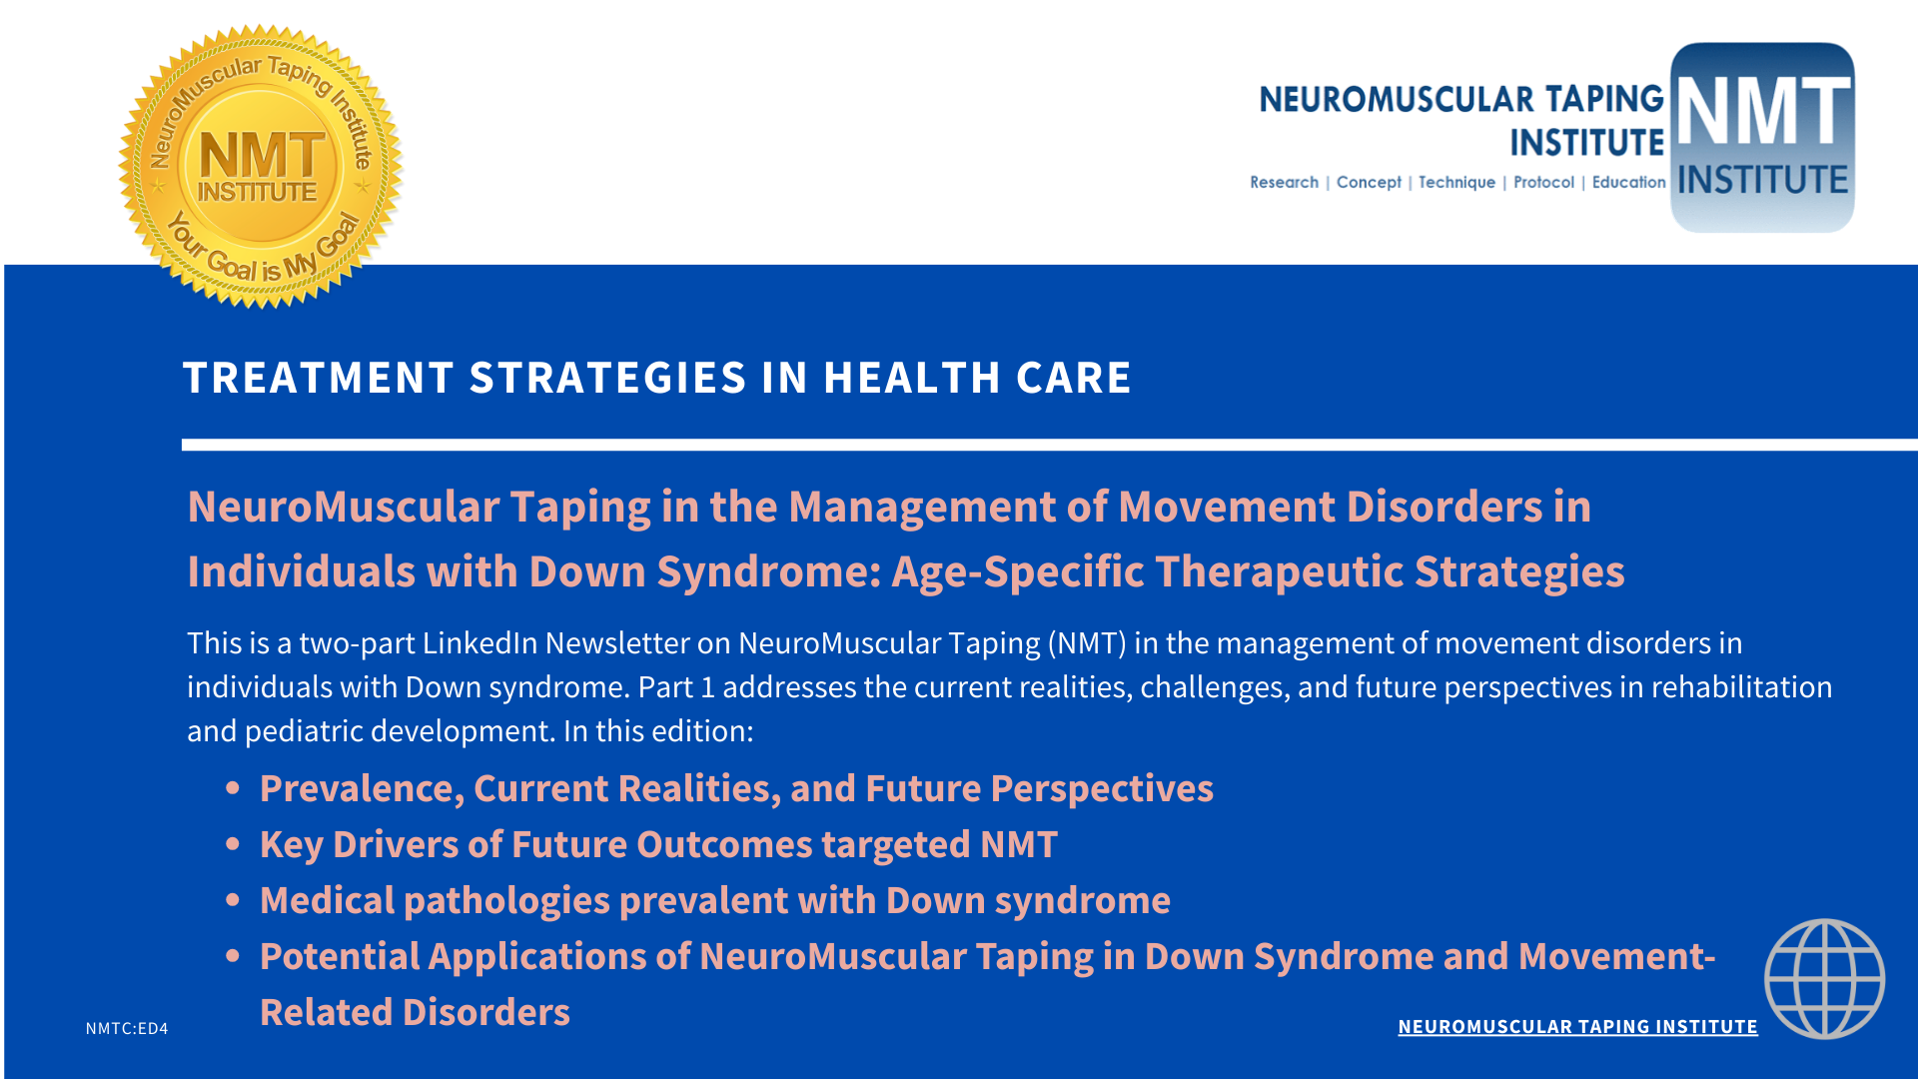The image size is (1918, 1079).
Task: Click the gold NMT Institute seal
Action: pos(261,166)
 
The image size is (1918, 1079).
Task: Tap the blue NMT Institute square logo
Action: pos(1762,138)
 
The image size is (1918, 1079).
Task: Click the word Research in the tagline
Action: pos(1284,182)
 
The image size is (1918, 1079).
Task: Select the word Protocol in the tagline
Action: pos(1543,182)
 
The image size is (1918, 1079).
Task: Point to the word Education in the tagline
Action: pos(1628,182)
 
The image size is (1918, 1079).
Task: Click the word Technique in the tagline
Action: pos(1456,182)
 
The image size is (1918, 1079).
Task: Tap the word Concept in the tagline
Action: pos(1369,182)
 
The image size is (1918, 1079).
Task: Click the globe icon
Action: pos(1824,979)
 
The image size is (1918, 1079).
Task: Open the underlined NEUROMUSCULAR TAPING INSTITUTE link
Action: pos(1577,1027)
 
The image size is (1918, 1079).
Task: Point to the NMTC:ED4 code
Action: pos(127,1028)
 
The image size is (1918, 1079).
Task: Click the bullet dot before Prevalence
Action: pos(233,788)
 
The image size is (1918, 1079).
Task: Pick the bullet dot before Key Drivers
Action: pos(233,844)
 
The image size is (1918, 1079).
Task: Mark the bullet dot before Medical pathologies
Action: pos(233,900)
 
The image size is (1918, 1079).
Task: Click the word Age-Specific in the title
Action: pos(1017,572)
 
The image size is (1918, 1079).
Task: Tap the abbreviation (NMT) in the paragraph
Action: pos(1087,643)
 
